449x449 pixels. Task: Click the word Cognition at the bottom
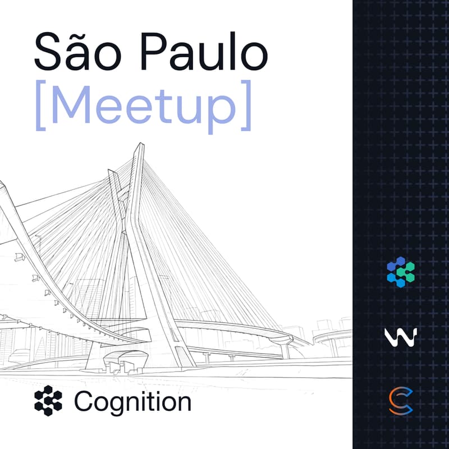(x=132, y=401)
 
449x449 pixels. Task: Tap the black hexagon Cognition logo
(x=48, y=401)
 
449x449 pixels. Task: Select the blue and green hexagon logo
(x=401, y=272)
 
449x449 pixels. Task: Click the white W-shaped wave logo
(x=401, y=337)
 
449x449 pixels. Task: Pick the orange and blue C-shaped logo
(x=401, y=401)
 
